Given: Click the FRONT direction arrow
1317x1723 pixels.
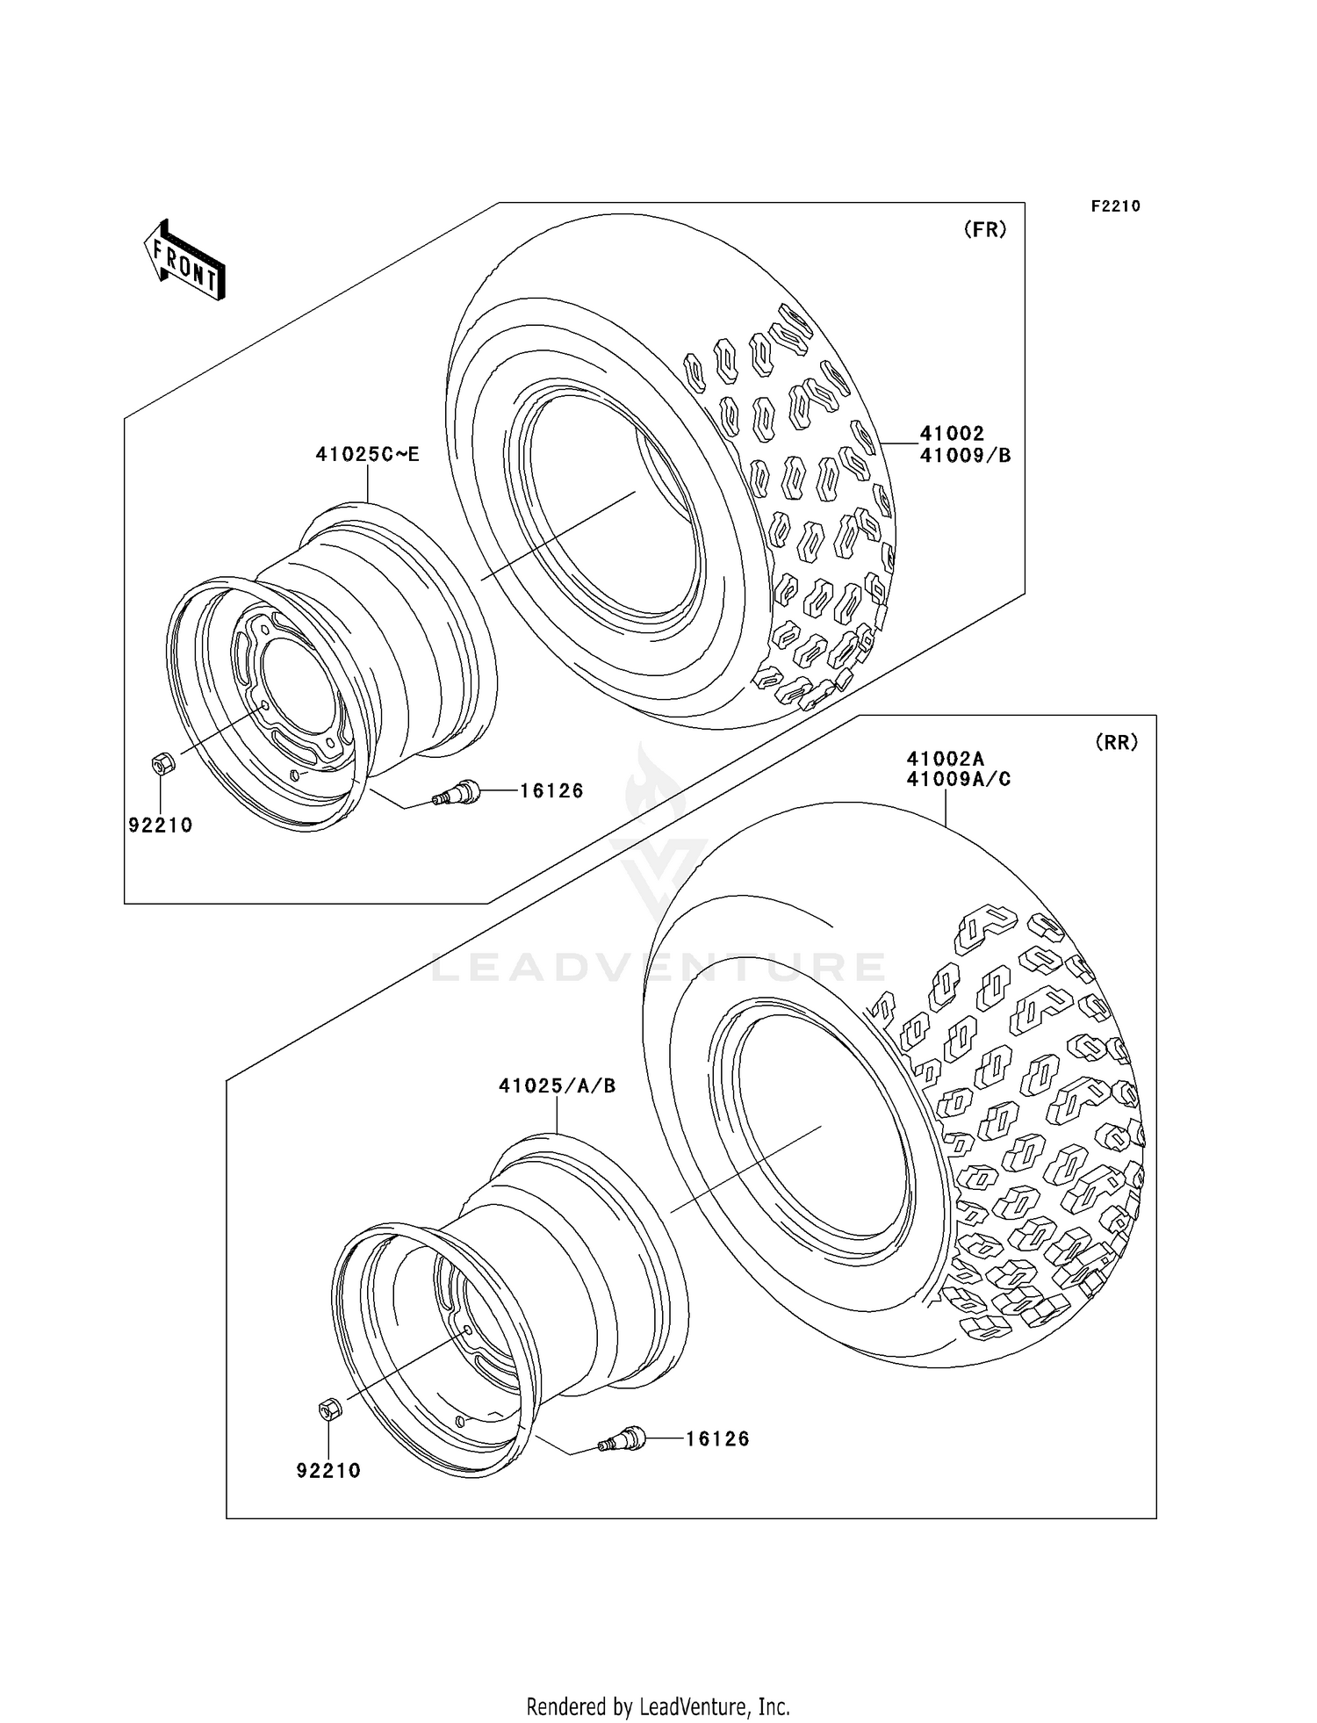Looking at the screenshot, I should click(x=185, y=262).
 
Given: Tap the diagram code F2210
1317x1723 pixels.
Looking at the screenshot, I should click(x=1115, y=206).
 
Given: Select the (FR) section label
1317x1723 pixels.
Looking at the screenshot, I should click(x=984, y=230).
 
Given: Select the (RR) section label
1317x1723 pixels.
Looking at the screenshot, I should click(x=1116, y=742).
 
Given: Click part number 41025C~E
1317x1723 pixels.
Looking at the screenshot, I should click(x=367, y=454).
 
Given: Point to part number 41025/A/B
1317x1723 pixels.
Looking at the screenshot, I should click(x=557, y=1086).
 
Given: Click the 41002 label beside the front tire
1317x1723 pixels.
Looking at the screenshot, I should click(x=952, y=433).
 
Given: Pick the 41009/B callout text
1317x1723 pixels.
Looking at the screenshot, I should click(x=965, y=455).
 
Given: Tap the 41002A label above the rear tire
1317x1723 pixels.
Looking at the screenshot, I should click(x=945, y=758).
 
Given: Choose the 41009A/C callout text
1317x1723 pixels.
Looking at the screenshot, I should click(x=958, y=779).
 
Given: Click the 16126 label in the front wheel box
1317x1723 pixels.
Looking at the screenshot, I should click(x=551, y=791).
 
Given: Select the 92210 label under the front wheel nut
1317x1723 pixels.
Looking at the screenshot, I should click(x=161, y=825).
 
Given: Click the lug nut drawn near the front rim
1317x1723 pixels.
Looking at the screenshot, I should click(x=162, y=764).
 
